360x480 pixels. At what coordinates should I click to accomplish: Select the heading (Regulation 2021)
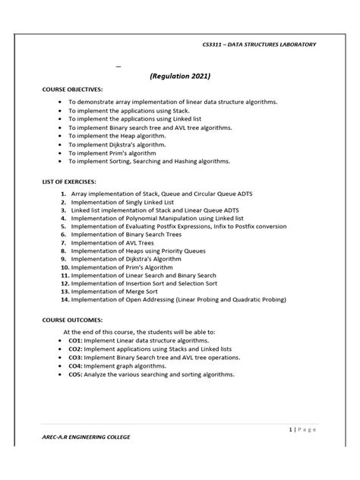click(180, 76)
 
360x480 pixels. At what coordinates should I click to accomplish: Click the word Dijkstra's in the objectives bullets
click(128, 141)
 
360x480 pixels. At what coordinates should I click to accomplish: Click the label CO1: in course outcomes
click(77, 342)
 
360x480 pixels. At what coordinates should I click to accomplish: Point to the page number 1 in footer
click(292, 429)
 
